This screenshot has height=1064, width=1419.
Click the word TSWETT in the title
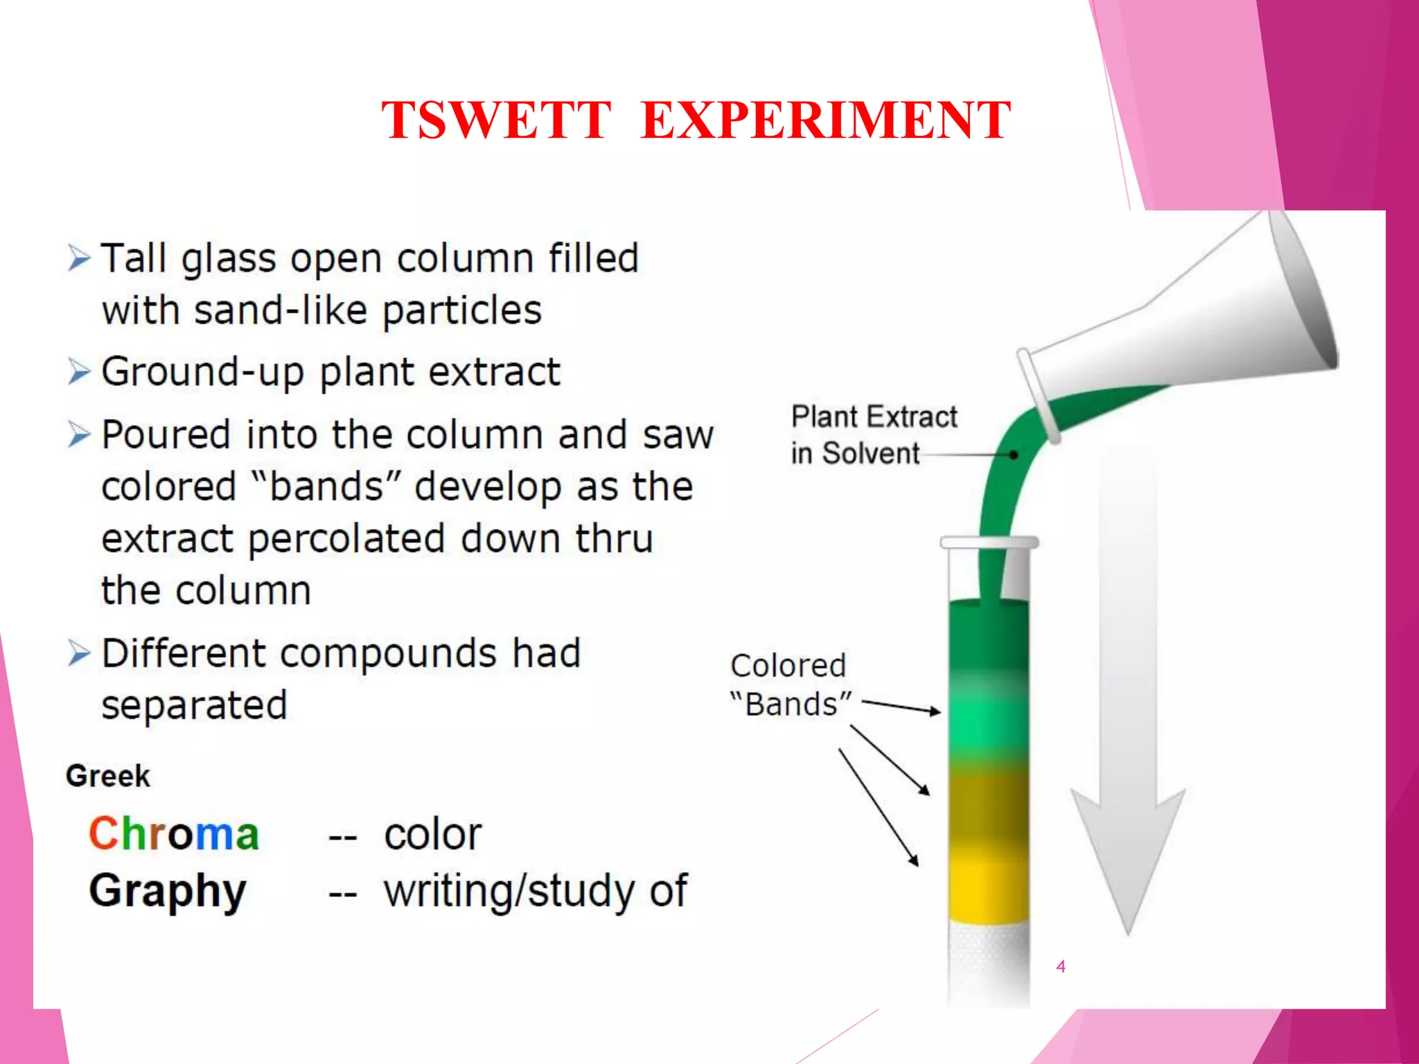[x=496, y=121]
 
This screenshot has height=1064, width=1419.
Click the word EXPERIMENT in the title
[x=826, y=121]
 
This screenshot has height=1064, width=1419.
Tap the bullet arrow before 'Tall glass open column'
[x=79, y=258]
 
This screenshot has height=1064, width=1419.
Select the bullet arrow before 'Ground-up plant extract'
[x=79, y=372]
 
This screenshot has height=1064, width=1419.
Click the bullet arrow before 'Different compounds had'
[x=79, y=653]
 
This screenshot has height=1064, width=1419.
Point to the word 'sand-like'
[x=280, y=310]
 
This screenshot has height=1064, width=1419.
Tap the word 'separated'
[x=194, y=705]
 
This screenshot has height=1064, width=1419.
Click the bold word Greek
[x=108, y=776]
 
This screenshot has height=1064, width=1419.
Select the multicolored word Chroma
[x=174, y=833]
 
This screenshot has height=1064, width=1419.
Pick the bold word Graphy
[x=168, y=891]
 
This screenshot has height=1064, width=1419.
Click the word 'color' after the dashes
[x=433, y=834]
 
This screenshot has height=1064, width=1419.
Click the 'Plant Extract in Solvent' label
[x=873, y=435]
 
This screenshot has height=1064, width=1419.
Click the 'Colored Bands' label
[x=790, y=685]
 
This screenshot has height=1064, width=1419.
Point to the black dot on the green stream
[x=1014, y=455]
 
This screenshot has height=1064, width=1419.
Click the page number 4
[x=1061, y=966]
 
